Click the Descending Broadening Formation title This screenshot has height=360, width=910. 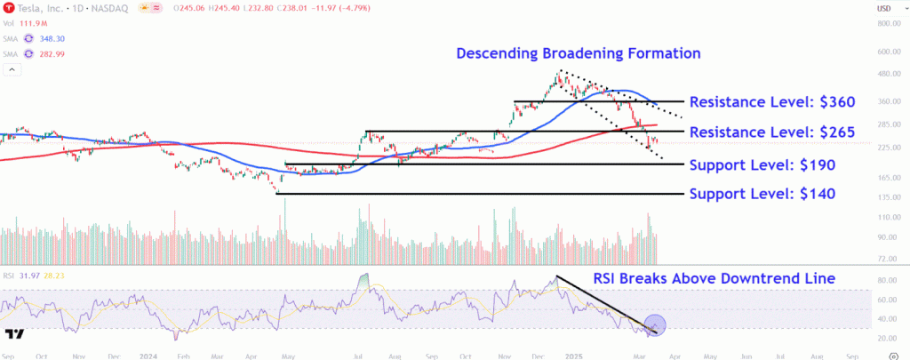[579, 54]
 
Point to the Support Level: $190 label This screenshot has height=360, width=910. [762, 164]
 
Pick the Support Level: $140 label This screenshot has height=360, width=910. [762, 194]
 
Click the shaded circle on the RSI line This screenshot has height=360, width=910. [654, 325]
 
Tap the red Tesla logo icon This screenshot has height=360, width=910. [8, 9]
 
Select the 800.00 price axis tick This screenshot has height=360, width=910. [890, 23]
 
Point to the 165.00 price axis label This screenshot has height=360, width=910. [890, 179]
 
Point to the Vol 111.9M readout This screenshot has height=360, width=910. [27, 24]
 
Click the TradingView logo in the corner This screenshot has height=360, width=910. [13, 335]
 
